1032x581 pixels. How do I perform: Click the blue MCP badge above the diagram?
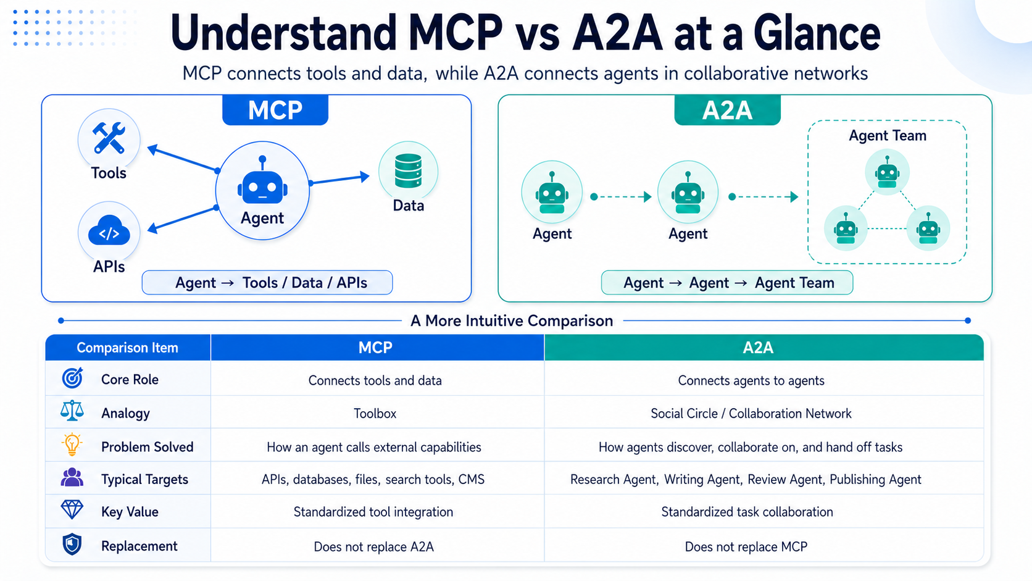[275, 110]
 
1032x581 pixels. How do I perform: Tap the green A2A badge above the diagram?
[727, 110]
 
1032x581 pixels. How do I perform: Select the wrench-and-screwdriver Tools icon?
[109, 137]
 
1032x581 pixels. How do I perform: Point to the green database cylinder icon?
[408, 170]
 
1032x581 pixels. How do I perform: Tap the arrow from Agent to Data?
[339, 180]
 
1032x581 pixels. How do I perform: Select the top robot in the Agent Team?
[888, 172]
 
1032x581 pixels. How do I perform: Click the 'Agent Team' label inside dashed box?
[888, 135]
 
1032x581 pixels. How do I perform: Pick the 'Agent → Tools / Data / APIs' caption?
[267, 282]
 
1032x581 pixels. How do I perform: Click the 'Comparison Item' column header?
[128, 348]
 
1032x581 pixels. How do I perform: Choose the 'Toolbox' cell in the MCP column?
[375, 413]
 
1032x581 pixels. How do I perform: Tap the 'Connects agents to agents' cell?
[751, 380]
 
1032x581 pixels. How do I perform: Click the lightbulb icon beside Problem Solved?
[72, 445]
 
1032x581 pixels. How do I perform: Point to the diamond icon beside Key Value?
[72, 509]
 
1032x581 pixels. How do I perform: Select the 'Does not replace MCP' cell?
[746, 547]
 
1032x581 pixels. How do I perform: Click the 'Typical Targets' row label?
[144, 480]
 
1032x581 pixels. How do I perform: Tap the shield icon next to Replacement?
[72, 545]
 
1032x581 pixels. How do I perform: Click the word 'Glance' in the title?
[817, 33]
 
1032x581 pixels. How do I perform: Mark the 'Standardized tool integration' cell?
[373, 512]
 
